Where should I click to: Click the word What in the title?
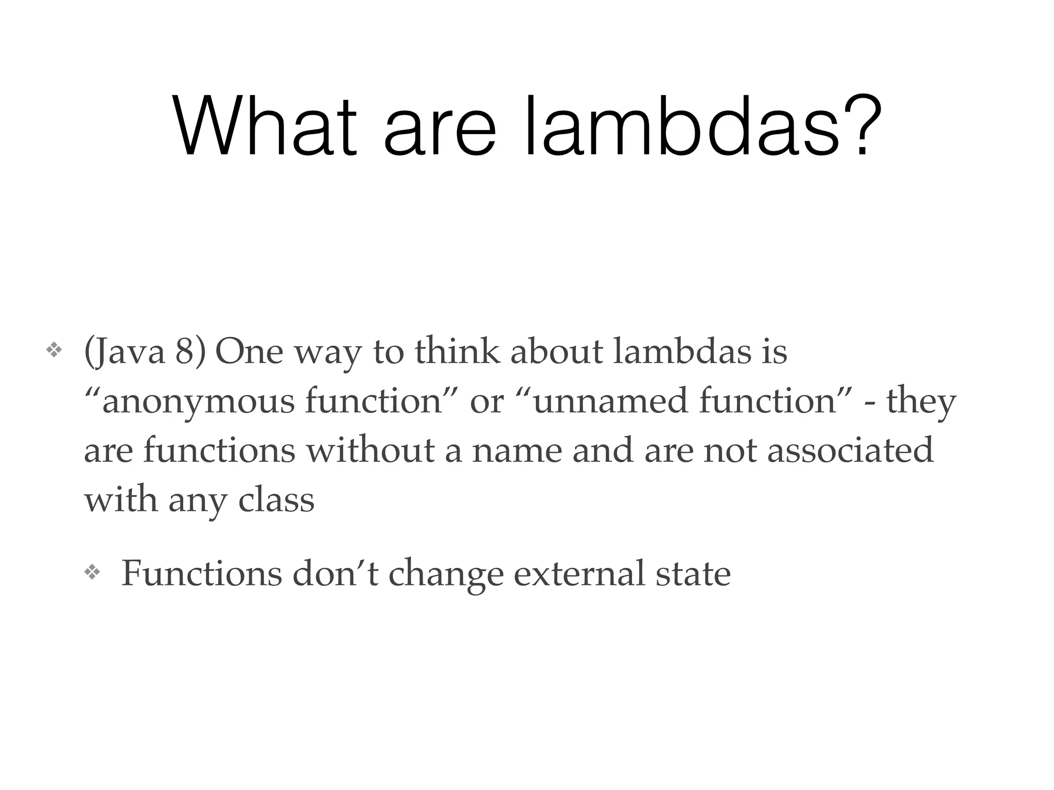[x=265, y=127]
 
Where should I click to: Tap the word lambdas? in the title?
[x=698, y=127]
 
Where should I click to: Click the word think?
[x=458, y=352]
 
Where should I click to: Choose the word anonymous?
[x=198, y=402]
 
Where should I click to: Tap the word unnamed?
[x=609, y=402]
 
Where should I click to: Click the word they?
[x=921, y=402]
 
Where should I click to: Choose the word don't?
[x=335, y=574]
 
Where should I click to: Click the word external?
[x=579, y=574]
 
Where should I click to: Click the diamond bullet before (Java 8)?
[x=54, y=351]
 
